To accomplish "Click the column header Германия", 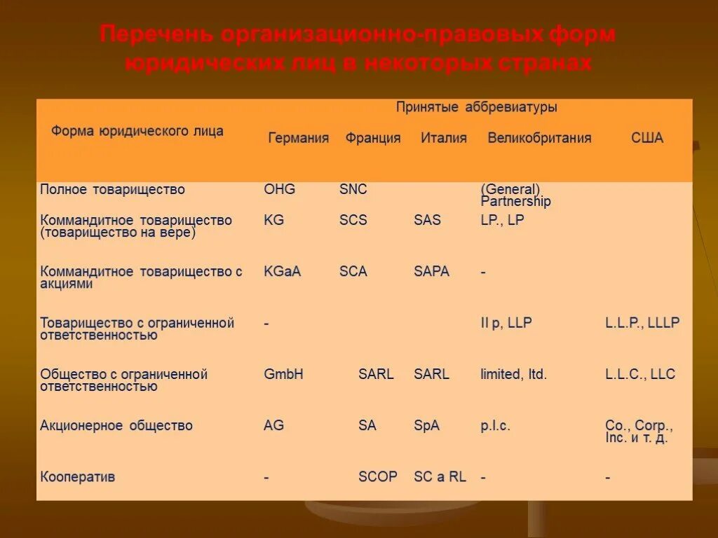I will pos(298,138).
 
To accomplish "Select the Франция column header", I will pos(373,138).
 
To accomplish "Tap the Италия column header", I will pos(444,138).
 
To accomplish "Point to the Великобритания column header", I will pos(539,138).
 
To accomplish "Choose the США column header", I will pos(646,138).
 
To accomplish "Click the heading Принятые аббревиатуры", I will pos(477,107).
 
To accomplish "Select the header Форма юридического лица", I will pos(137,131).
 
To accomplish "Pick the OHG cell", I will pos(279,189).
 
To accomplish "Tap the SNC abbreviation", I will pos(353,189).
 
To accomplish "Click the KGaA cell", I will pos(282,271).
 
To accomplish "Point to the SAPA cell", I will pos(431,271).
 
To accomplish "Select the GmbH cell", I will pos(283,374).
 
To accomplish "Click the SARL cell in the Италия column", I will pos(431,374).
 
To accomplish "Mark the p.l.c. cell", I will pos(495,425).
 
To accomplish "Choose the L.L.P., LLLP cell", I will pos(642,323).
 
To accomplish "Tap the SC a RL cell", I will pos(440,476).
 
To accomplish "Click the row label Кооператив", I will pos(78,476).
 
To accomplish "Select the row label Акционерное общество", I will pos(116,425).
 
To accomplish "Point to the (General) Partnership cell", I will pos(515,195).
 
